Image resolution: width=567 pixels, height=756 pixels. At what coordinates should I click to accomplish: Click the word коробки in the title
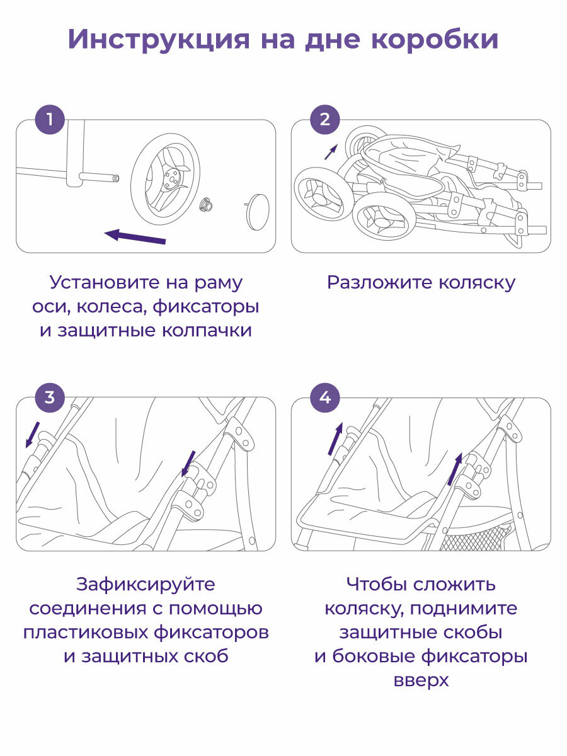coord(434,39)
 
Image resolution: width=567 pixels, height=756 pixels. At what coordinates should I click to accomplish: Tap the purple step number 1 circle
coord(49,119)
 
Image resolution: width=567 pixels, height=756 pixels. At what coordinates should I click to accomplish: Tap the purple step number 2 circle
coord(324,119)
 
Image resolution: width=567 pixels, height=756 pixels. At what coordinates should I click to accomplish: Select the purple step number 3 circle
coord(49,398)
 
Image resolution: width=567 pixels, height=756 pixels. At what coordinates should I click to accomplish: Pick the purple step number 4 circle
coord(324,398)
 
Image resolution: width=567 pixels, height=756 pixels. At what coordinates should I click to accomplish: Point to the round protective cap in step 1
coord(256,211)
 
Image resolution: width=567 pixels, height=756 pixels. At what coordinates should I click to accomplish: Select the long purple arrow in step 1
coord(135,237)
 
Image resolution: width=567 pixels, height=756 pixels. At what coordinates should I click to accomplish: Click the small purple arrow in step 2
coord(331,151)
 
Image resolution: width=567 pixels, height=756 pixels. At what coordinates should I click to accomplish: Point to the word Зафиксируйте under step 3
coord(146,585)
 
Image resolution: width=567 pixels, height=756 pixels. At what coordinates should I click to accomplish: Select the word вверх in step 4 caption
coord(421,681)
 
